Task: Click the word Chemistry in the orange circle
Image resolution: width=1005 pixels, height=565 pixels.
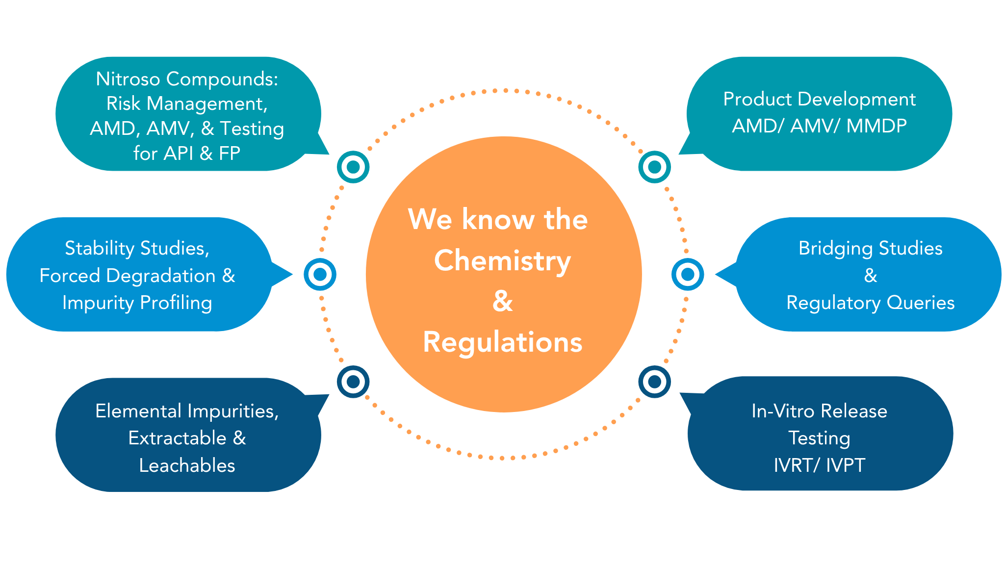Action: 502,260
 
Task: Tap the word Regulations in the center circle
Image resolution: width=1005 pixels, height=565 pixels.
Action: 503,342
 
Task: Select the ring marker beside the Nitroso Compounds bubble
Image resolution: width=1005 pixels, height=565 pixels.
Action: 353,167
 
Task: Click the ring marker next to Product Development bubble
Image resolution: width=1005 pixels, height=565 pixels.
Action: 654,167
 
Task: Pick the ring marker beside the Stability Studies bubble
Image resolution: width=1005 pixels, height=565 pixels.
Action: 320,274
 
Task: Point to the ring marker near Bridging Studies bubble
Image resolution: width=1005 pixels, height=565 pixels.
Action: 688,274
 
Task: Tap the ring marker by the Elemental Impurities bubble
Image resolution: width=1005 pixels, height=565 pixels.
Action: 353,381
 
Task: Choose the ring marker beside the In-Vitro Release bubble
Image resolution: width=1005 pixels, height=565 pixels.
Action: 654,381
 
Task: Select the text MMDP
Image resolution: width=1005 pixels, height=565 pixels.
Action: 876,126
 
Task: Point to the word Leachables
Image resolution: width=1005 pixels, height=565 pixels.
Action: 187,465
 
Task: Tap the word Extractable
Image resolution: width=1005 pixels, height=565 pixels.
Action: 177,438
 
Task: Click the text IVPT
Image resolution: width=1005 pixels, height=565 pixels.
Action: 845,465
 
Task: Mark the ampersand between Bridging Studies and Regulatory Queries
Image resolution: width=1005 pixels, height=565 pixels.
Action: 871,276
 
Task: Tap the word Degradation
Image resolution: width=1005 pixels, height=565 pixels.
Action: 161,276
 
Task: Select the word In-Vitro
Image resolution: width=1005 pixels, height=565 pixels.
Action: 783,411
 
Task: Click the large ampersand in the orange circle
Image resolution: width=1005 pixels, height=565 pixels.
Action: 502,301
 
